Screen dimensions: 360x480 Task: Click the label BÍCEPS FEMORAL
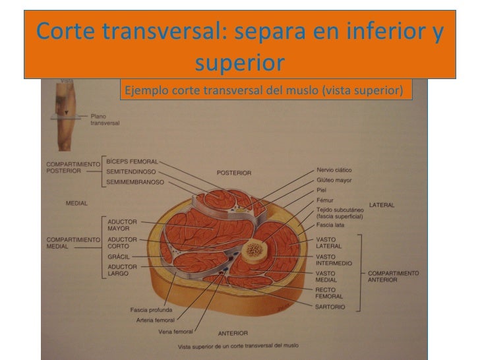(132, 160)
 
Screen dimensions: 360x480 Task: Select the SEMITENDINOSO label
(132, 171)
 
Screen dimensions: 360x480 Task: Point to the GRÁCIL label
(117, 256)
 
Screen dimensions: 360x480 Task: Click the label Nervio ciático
(334, 170)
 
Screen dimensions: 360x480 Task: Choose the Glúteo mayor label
(334, 179)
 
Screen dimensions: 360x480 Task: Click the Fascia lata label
(330, 225)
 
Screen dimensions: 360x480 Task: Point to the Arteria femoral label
(156, 320)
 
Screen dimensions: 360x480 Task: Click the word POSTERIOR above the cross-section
(234, 173)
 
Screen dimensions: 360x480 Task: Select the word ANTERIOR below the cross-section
(233, 333)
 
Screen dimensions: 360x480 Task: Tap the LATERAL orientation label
(382, 205)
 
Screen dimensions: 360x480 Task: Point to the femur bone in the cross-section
(254, 250)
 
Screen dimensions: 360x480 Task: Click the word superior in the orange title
(240, 63)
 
